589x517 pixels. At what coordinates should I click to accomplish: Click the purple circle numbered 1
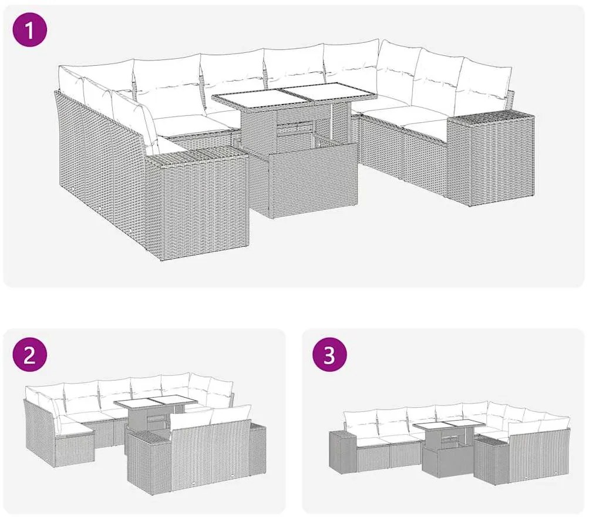coord(30,29)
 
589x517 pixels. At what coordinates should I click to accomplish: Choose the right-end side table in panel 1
coord(492,158)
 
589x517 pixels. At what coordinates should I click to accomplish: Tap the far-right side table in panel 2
coord(257,446)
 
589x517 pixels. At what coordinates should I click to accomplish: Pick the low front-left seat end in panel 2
coord(75,446)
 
